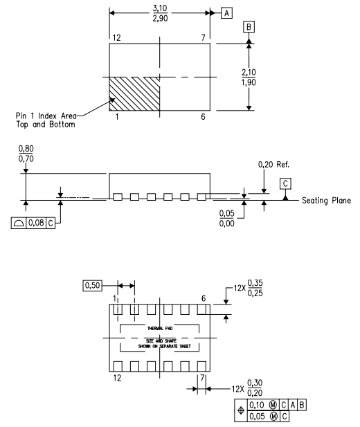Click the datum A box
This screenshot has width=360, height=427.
(x=226, y=12)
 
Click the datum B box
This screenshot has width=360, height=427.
(x=247, y=28)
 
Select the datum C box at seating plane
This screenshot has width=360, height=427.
(x=285, y=183)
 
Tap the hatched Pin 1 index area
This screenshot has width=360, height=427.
(x=134, y=93)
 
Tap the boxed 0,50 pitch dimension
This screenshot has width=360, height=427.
(x=91, y=284)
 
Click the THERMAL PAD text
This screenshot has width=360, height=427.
(x=159, y=329)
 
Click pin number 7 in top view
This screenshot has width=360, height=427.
(x=204, y=37)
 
